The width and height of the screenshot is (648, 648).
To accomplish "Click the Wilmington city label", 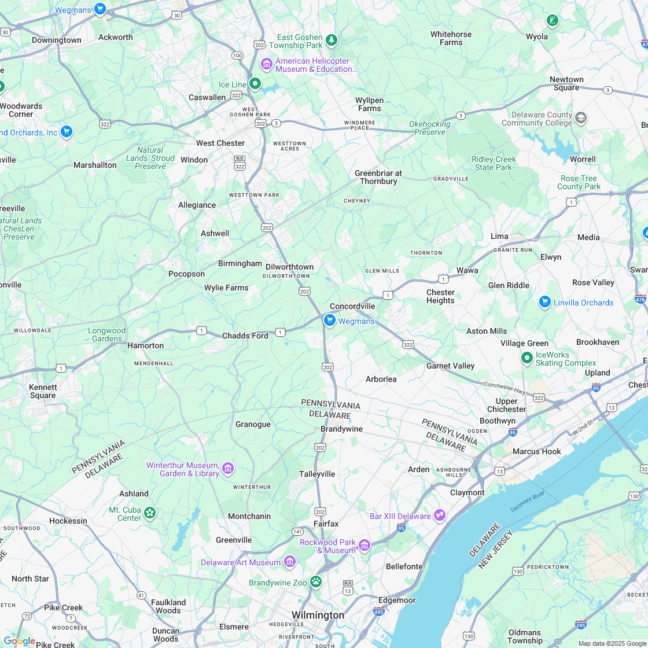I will pos(318,614).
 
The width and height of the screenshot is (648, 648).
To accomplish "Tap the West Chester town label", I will pos(220,143).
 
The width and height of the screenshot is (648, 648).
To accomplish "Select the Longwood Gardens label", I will pos(106,335).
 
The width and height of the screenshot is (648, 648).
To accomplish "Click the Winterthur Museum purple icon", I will pos(228,468).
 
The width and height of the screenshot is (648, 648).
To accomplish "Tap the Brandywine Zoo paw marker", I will pos(316,581).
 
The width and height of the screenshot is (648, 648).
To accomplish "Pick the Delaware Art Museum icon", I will pos(290,562).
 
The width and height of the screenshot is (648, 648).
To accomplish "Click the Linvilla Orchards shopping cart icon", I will pos(544,302).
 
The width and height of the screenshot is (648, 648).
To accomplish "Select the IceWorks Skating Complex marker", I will pos(526,358).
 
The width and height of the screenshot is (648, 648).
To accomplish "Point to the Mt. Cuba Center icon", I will pos(150,513).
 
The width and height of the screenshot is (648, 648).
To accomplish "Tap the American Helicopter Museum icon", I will pos(267,64).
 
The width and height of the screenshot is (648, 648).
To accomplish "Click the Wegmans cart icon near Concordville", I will pos(330,320).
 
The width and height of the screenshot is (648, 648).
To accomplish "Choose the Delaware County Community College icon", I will pos(581,119).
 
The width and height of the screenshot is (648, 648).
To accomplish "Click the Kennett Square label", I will pos(43,391).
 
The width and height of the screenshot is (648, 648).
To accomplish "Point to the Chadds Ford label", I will pos(245,336).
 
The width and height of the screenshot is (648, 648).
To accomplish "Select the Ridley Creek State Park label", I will pos(494,163).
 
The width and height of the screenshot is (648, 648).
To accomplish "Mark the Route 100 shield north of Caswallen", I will pos(237,56).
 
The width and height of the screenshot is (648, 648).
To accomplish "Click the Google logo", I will pos(19,641).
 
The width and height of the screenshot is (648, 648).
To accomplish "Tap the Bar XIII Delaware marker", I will pos(440,514).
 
